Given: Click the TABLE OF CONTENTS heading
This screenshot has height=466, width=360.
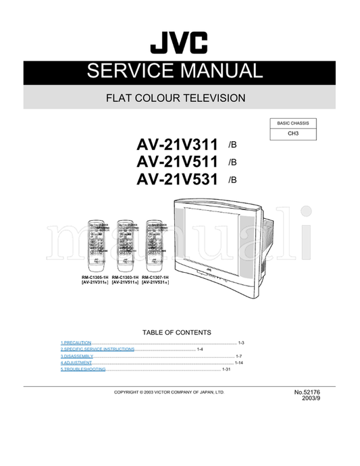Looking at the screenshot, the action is coord(177,332).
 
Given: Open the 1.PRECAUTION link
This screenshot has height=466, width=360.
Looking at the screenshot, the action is coord(76,343).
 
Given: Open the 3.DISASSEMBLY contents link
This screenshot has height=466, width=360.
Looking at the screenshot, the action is coord(76,356).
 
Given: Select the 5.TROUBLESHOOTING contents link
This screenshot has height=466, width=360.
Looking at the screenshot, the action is coord(83,369).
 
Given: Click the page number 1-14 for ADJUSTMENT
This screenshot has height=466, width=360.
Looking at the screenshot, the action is coord(238,363).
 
